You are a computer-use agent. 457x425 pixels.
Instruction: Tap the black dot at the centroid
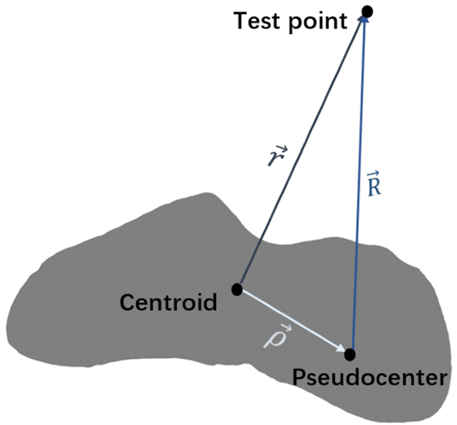pos(236,289)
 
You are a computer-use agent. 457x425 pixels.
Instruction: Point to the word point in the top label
pos(317,21)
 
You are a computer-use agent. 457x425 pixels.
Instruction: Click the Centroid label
pos(169,303)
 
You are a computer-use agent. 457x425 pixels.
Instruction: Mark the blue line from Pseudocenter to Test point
pos(358,187)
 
